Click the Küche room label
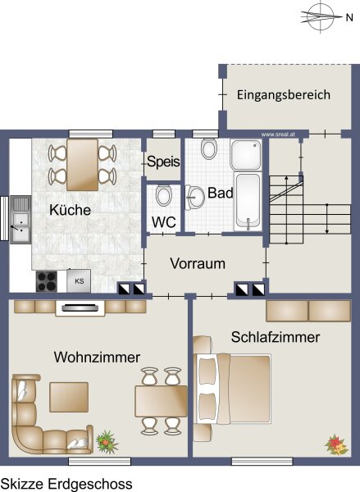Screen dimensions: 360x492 (70, 210)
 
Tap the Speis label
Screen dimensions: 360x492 (163, 162)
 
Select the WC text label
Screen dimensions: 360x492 (164, 222)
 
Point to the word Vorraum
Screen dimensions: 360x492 (198, 263)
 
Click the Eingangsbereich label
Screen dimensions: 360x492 (284, 95)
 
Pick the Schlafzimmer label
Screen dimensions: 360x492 (276, 337)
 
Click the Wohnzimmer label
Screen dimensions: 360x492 (97, 358)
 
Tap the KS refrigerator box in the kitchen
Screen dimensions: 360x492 (79, 280)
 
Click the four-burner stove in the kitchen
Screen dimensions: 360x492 (47, 281)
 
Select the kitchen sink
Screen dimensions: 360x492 (21, 219)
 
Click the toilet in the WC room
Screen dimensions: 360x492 (164, 196)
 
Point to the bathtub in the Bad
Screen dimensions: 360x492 (248, 201)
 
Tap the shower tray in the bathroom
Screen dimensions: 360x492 (246, 155)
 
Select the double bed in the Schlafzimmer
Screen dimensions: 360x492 (233, 389)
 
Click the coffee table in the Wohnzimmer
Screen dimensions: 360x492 (69, 397)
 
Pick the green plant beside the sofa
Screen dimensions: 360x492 (107, 442)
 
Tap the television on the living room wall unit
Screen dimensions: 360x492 (80, 308)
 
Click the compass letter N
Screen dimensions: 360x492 (349, 17)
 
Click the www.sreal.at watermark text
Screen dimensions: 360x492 (278, 134)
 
